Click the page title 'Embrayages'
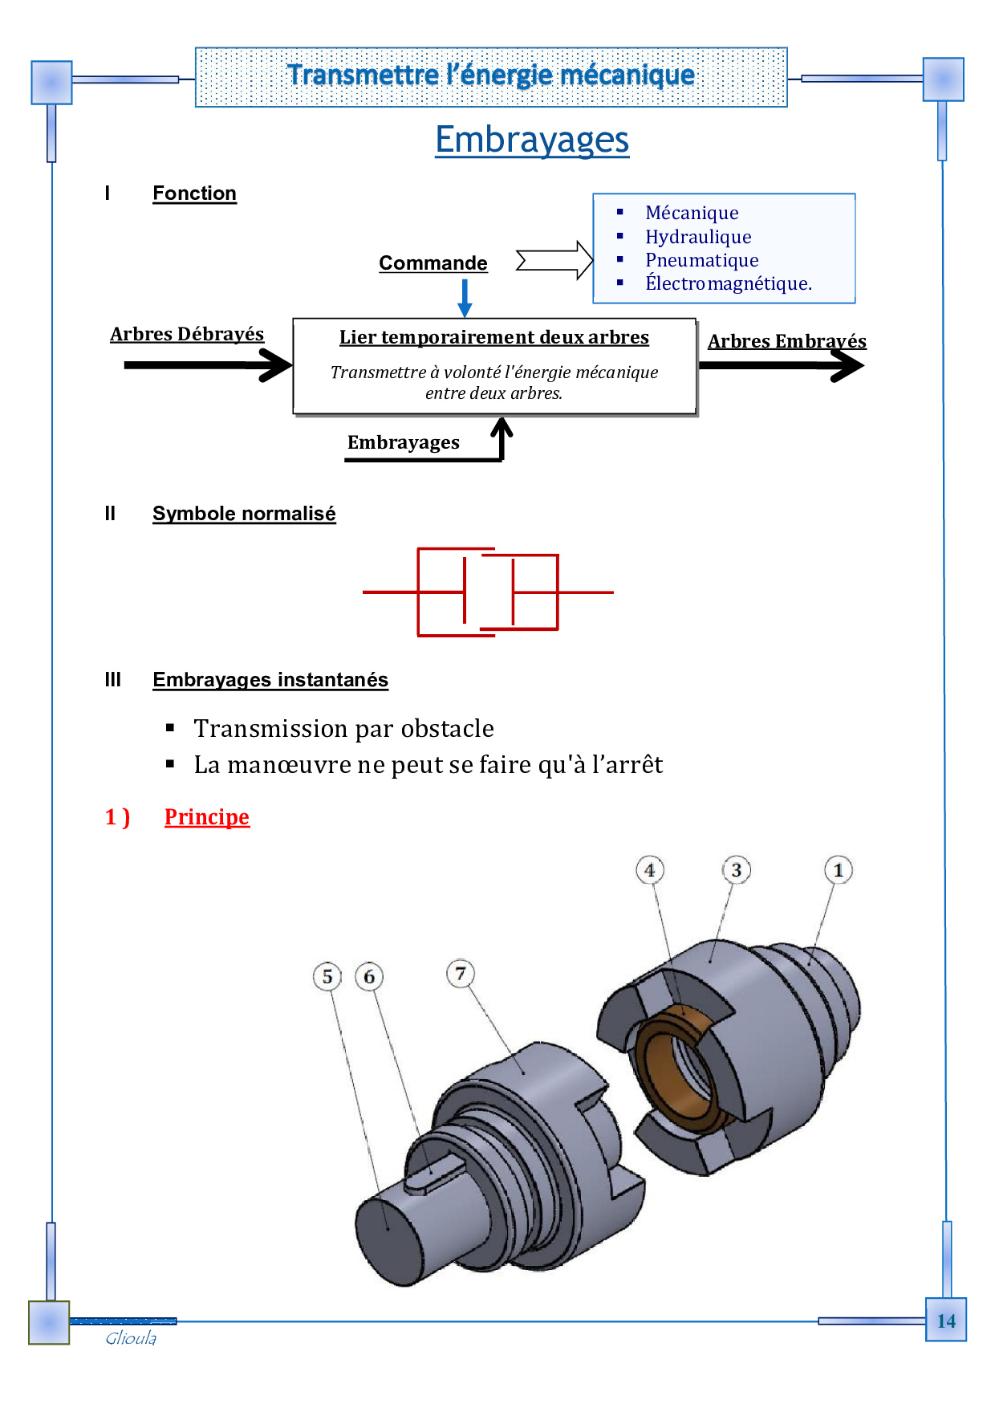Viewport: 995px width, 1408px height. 532,140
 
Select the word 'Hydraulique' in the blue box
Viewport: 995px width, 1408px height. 698,237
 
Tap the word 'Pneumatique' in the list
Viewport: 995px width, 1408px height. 701,260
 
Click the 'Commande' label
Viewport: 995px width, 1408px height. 433,263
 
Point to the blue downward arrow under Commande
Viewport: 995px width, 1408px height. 465,298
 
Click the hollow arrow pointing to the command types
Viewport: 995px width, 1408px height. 554,260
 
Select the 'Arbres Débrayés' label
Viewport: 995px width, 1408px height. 187,334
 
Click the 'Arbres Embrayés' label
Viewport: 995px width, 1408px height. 786,341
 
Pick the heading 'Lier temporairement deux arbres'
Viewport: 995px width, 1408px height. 493,337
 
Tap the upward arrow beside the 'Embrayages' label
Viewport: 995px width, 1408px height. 502,437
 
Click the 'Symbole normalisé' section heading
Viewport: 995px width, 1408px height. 244,514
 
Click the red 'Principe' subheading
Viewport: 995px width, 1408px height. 207,817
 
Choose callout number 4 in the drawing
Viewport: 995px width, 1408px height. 650,870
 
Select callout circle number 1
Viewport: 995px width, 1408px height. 839,870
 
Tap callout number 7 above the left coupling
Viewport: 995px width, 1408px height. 461,975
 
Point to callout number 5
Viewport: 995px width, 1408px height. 327,977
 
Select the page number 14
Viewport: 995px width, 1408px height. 946,1321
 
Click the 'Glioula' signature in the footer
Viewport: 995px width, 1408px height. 131,1338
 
